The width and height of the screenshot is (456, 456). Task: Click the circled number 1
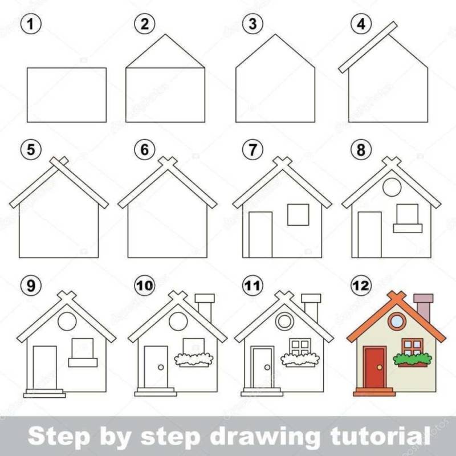(31, 24)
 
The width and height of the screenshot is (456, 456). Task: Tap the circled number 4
(361, 24)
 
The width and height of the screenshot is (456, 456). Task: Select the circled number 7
(253, 150)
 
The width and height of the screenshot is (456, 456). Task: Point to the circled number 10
(145, 286)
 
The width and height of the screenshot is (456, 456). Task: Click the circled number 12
(361, 286)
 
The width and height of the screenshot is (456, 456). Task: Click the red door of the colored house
(374, 368)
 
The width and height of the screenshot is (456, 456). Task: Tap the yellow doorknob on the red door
(380, 367)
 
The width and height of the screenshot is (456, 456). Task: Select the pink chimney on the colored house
(423, 307)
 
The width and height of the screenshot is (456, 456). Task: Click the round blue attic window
(397, 321)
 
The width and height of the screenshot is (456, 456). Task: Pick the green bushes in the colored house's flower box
(412, 359)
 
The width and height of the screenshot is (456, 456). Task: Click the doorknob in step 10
(161, 367)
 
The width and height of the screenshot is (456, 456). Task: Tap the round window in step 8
(392, 187)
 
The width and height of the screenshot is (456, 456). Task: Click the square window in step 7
(298, 215)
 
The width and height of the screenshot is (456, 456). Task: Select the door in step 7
(260, 235)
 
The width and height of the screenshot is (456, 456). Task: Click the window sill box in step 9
(83, 363)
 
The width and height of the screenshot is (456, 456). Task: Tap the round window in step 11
(284, 321)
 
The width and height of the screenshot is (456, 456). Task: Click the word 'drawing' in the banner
(265, 437)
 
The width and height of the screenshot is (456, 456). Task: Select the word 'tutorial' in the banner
(380, 435)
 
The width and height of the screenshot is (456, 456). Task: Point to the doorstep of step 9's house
(44, 393)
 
